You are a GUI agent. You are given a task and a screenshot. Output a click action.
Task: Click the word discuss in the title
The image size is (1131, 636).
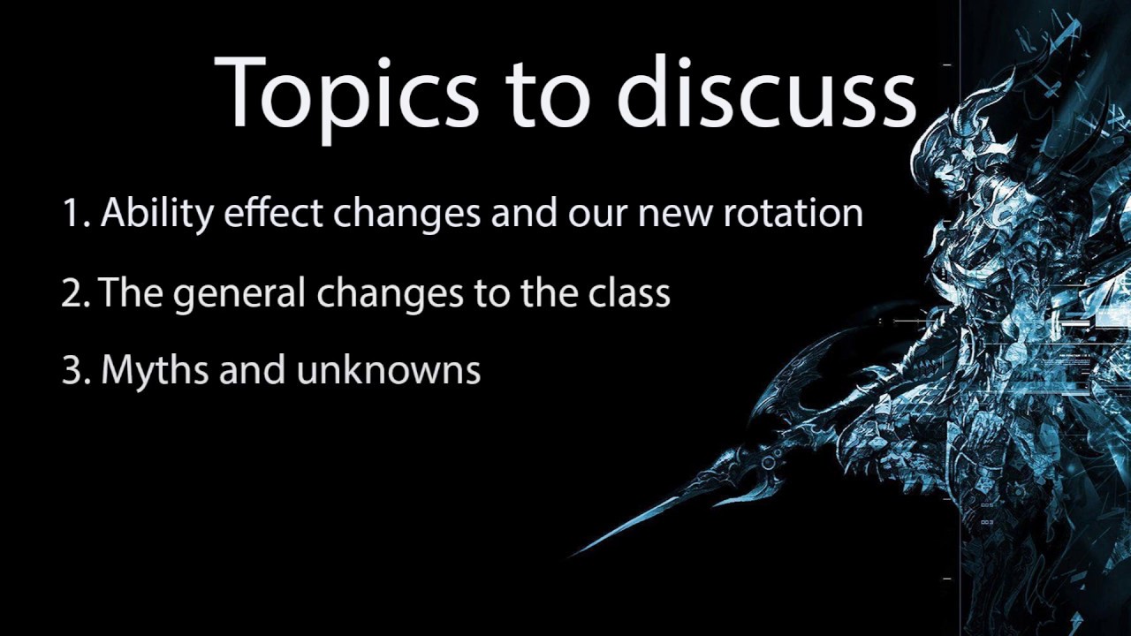(766, 93)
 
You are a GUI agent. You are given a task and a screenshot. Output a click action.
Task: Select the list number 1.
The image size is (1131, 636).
(74, 213)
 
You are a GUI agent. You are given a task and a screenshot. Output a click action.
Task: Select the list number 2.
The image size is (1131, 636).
(74, 292)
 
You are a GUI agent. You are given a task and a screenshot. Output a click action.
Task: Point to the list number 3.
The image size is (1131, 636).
(74, 370)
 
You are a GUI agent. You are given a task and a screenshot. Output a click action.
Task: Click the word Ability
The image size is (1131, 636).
(156, 215)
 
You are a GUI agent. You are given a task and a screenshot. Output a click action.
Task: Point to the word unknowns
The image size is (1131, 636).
(389, 371)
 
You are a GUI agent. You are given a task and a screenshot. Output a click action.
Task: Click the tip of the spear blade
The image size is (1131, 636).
(573, 554)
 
